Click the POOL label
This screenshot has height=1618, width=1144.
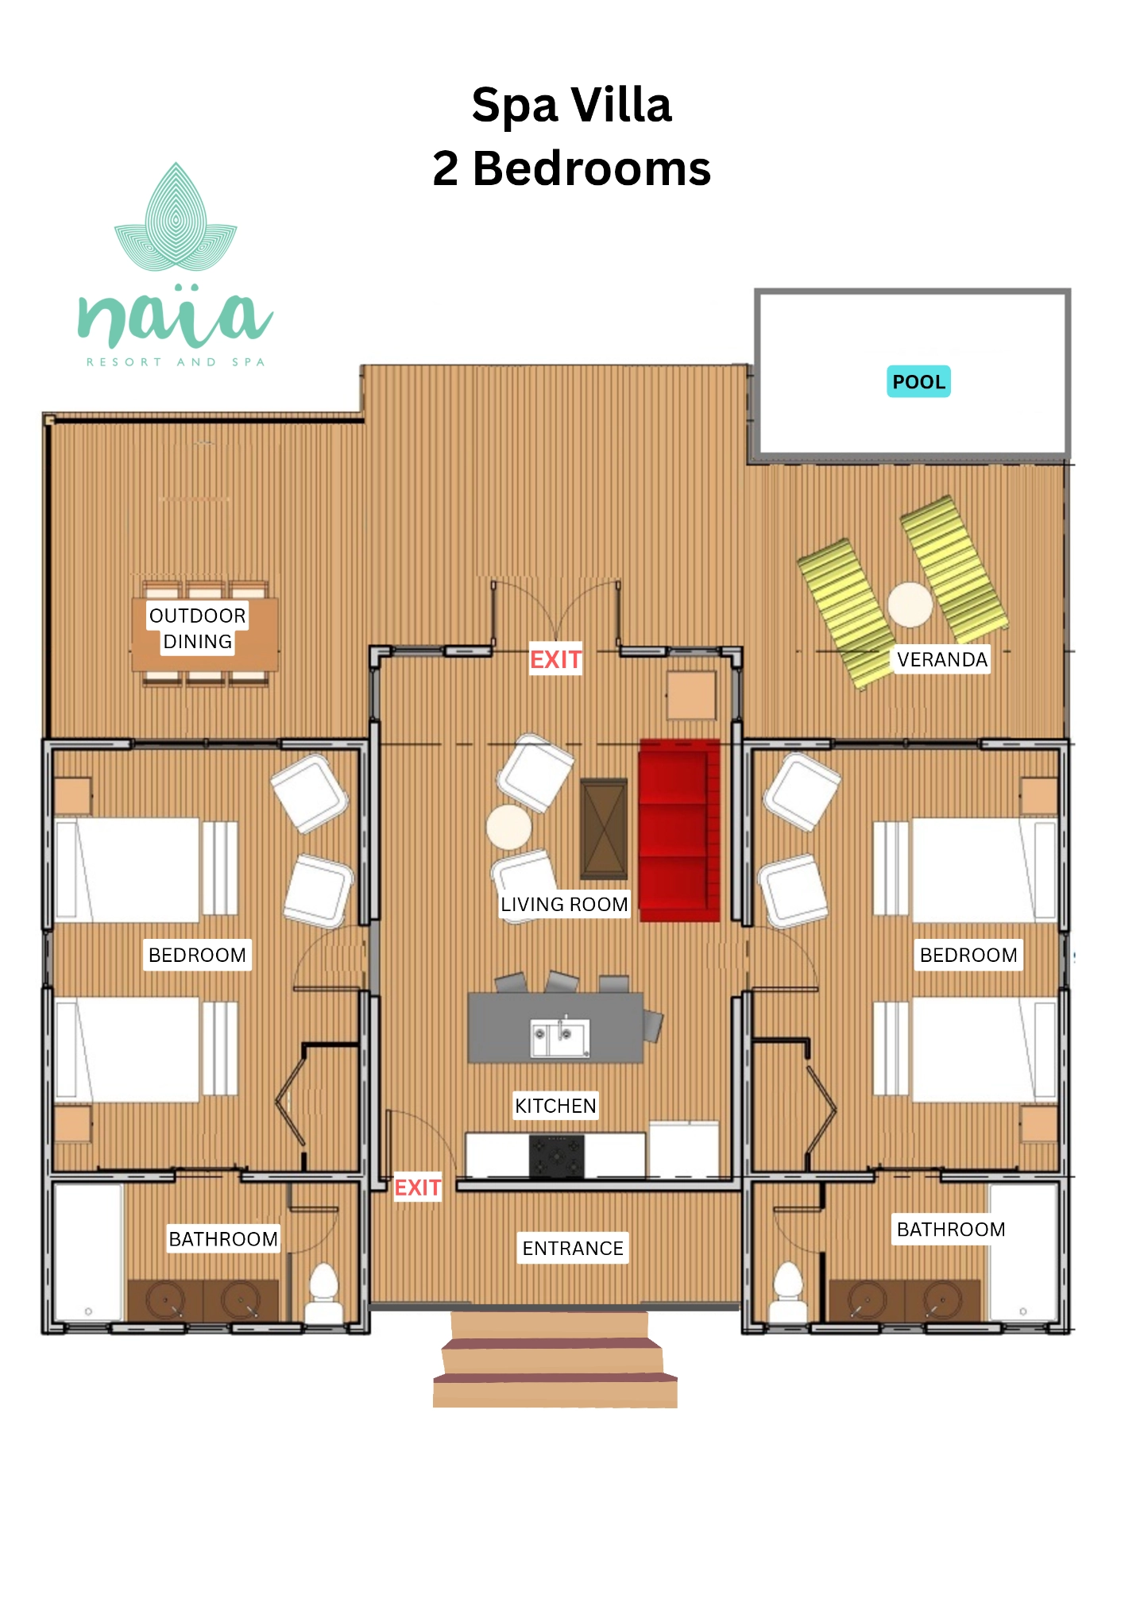[x=918, y=381]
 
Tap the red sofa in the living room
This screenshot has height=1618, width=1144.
[x=679, y=831]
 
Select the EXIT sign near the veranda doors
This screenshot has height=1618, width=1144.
[x=556, y=659]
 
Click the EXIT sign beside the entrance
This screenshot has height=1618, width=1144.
[x=418, y=1187]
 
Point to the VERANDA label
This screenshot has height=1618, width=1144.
[x=942, y=659]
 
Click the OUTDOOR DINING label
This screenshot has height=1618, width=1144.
[x=198, y=628]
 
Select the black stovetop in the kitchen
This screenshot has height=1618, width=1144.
[x=557, y=1156]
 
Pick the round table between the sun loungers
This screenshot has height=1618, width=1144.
[x=910, y=604]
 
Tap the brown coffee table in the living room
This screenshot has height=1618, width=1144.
[x=604, y=828]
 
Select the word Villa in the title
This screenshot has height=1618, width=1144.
[x=622, y=105]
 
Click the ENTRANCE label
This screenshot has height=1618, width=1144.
[x=573, y=1248]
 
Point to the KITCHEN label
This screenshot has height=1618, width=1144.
[x=555, y=1106]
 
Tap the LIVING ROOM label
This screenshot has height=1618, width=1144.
[x=564, y=904]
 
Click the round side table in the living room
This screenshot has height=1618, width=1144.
[x=509, y=827]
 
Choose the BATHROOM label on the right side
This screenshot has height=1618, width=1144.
[x=951, y=1229]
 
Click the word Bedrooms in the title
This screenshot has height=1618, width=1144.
[x=592, y=168]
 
